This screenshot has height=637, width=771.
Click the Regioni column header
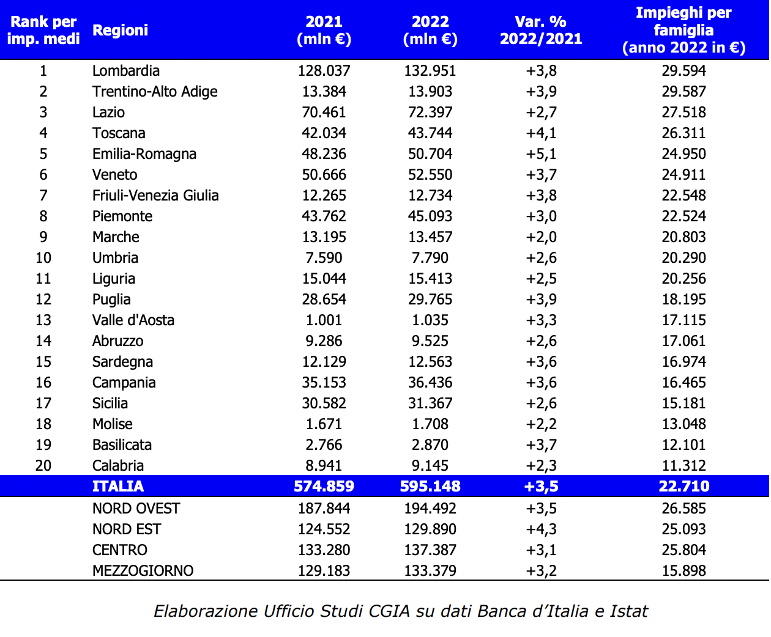(x=120, y=30)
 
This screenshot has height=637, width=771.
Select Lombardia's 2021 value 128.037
(x=324, y=71)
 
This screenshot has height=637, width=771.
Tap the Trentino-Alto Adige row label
(x=155, y=92)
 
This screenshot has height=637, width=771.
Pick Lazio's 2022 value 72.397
(x=430, y=112)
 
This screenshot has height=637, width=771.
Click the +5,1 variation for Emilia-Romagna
(x=541, y=154)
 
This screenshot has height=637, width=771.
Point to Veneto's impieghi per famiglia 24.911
(x=683, y=175)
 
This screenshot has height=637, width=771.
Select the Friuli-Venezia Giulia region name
(x=155, y=196)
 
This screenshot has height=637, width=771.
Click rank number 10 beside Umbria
(x=43, y=258)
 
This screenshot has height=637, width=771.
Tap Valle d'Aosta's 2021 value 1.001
(x=324, y=320)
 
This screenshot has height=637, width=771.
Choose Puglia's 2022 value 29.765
(x=430, y=300)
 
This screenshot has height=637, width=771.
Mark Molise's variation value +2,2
(x=541, y=424)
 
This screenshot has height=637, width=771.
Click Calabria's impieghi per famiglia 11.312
(x=683, y=466)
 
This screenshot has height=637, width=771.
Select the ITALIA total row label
(x=117, y=487)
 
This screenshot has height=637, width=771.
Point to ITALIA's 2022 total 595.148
(x=430, y=487)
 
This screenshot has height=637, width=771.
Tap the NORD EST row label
(x=127, y=529)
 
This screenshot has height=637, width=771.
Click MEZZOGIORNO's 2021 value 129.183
(x=324, y=571)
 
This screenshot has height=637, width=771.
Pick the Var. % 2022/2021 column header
(x=541, y=30)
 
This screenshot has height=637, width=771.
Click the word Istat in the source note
(x=628, y=611)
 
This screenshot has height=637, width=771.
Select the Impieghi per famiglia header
(x=683, y=30)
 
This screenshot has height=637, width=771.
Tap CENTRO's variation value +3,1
(x=541, y=550)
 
